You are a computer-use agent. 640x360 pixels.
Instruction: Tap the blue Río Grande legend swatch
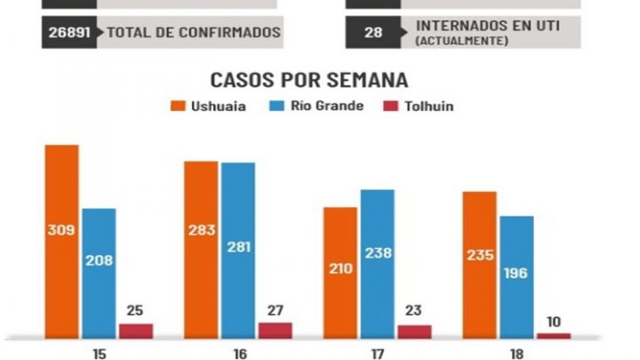click(275, 106)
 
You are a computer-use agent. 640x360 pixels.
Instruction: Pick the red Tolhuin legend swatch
click(389, 106)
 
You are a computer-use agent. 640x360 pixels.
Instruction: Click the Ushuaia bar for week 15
click(62, 240)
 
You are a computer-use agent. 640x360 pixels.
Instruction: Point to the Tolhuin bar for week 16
click(276, 330)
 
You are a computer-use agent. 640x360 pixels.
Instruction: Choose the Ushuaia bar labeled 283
click(201, 249)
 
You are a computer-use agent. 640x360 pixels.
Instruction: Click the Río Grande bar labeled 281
click(238, 250)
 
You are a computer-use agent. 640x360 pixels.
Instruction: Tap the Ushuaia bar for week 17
click(340, 272)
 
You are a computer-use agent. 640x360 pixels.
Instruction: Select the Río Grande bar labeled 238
click(377, 263)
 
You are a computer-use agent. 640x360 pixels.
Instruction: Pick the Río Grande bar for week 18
click(516, 276)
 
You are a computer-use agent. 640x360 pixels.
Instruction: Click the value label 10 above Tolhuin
click(554, 321)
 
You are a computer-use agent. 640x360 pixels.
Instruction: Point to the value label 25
click(136, 310)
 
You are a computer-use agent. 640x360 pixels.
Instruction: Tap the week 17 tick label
click(378, 353)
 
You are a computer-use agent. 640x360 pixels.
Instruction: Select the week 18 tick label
click(516, 353)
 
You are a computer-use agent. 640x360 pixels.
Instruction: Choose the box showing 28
click(373, 33)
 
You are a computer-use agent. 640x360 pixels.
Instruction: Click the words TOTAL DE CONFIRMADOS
click(194, 33)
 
